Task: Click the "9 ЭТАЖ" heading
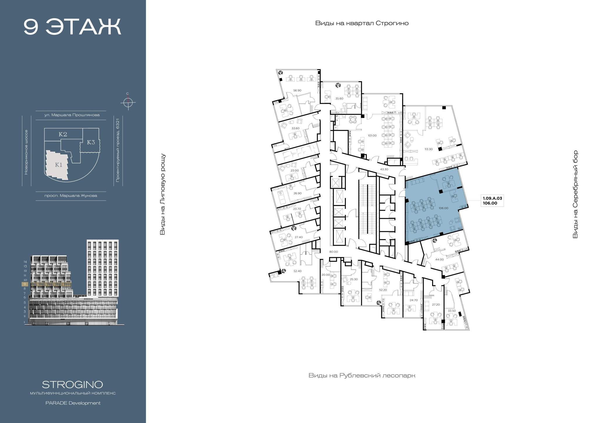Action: pos(72,27)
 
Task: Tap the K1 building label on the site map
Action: pos(59,165)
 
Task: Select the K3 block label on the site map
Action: pos(91,142)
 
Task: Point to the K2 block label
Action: pos(63,134)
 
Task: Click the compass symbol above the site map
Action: pos(128,103)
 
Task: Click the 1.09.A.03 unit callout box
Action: pos(492,201)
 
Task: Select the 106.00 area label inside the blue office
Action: pos(443,208)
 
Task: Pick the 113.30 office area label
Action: pos(428,149)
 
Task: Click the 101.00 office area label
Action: pos(372,136)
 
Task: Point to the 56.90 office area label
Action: pos(297,91)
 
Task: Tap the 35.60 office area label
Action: pos(339,99)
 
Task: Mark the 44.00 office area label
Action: pos(439,259)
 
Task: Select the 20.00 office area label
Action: pos(326,275)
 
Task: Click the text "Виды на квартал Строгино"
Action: pos(362,23)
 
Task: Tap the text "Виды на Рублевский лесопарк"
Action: pos(362,375)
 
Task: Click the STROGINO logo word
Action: pos(72,384)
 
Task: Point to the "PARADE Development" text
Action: pos(73,403)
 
